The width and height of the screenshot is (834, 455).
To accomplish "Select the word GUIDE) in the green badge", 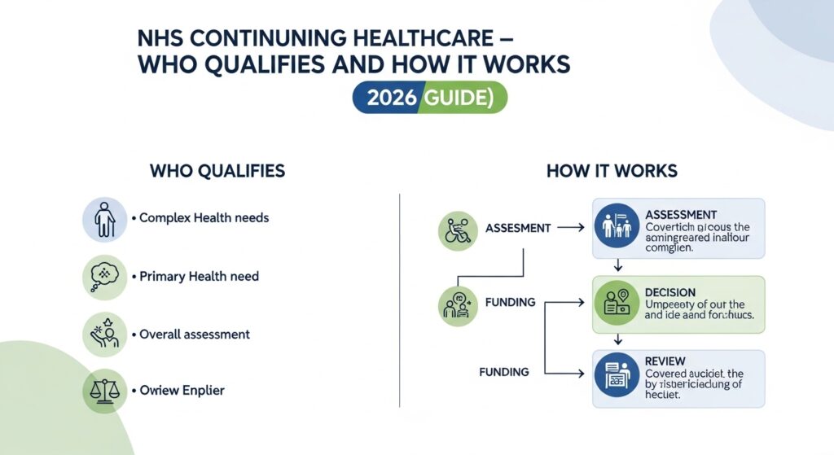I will pyautogui.click(x=462, y=98).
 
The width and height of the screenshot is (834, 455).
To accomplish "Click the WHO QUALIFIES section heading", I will pyautogui.click(x=217, y=171).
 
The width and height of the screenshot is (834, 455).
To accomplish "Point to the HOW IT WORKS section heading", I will pyautogui.click(x=612, y=171).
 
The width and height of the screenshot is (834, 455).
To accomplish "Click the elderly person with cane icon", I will pyautogui.click(x=105, y=218).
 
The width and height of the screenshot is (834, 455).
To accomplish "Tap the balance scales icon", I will pyautogui.click(x=105, y=392).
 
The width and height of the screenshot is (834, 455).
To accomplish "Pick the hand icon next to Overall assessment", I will pyautogui.click(x=105, y=335).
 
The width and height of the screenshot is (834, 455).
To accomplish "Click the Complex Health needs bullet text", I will pyautogui.click(x=204, y=218).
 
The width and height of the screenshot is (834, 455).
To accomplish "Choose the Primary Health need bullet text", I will pyautogui.click(x=199, y=277).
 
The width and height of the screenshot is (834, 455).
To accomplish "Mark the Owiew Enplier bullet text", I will pyautogui.click(x=182, y=391).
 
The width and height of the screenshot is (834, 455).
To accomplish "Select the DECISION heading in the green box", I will pyautogui.click(x=669, y=292).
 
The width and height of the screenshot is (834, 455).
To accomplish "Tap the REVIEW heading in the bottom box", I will pyautogui.click(x=664, y=361).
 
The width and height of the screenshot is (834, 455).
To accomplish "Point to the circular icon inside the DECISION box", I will pyautogui.click(x=617, y=304).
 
